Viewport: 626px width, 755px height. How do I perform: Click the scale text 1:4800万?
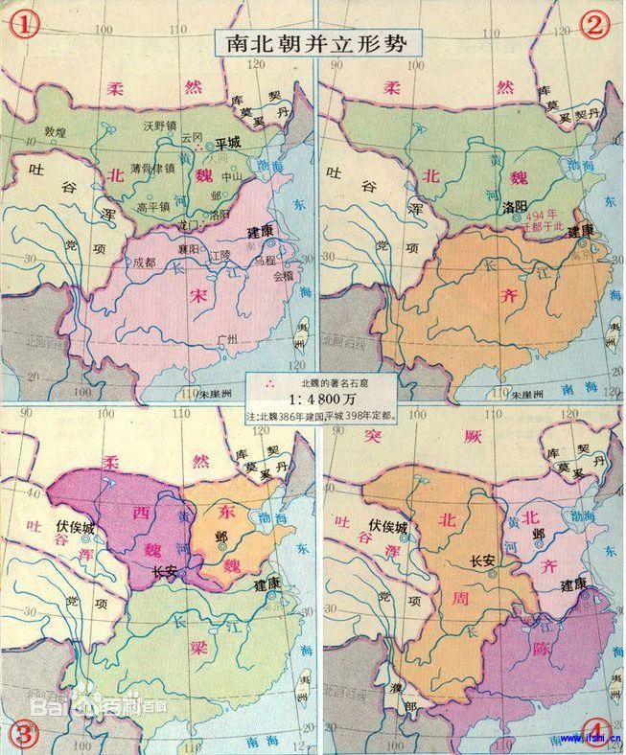tap(313, 401)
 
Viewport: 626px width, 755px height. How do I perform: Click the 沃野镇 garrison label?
tap(162, 126)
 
